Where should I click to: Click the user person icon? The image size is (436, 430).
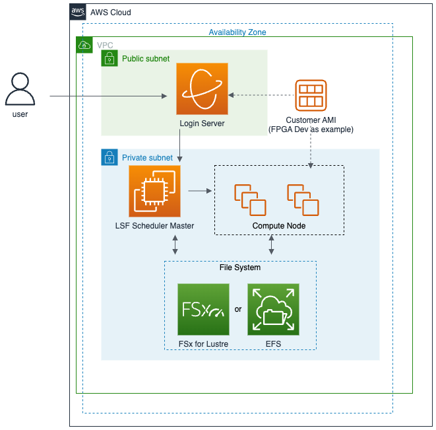20,90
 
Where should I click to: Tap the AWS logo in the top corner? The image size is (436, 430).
78,12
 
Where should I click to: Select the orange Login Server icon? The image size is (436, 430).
202,89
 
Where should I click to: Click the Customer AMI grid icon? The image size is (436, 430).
310,95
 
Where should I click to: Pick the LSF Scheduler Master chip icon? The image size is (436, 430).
154,192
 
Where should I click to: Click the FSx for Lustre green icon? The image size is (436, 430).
204,310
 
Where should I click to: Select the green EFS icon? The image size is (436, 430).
272,310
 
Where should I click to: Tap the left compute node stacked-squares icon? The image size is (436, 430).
250,199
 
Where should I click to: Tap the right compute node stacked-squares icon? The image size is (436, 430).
303,199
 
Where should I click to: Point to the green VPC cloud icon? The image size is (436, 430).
84,45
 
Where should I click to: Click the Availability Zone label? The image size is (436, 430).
237,32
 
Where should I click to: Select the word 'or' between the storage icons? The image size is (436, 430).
238,308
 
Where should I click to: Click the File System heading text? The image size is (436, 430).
239,268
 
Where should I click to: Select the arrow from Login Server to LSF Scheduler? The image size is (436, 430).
180,147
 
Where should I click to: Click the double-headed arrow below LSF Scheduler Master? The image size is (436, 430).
175,245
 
